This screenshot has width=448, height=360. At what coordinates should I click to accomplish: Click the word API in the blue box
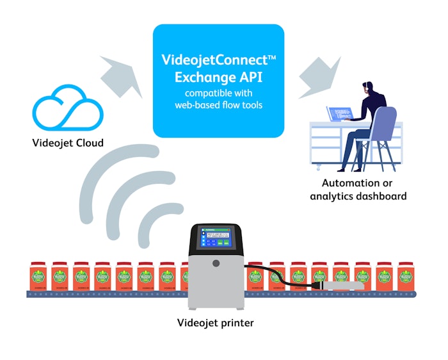pos(254,78)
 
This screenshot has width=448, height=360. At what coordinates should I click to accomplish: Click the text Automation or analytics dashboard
pos(358,190)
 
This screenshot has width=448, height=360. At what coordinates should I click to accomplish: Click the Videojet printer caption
pos(215,323)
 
